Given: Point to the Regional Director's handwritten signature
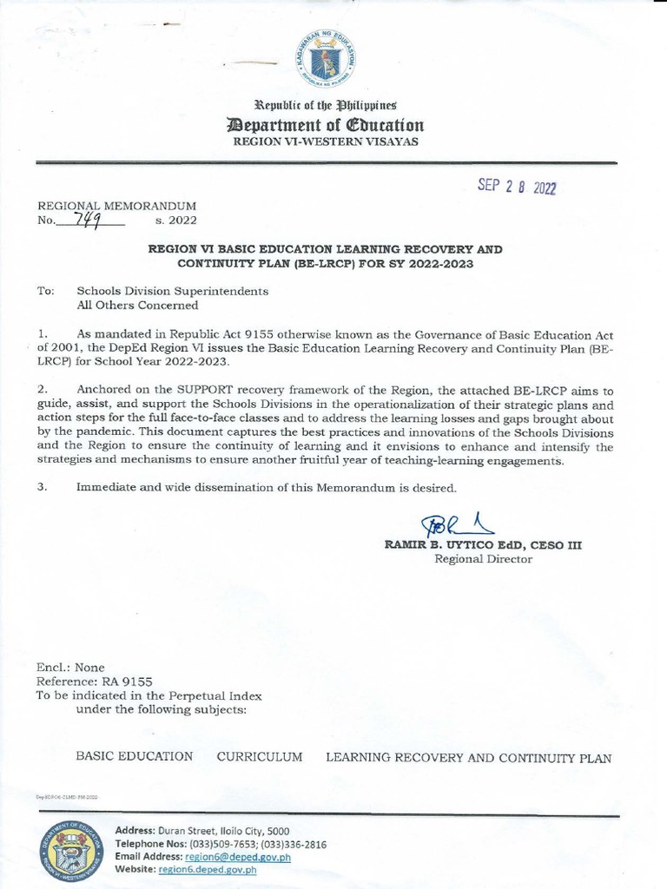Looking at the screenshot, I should click(456, 524).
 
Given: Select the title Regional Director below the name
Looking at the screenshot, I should click(483, 559).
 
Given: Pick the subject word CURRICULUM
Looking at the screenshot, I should click(260, 757).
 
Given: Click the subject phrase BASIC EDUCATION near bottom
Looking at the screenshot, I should click(134, 757).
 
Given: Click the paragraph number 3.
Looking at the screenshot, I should click(42, 487).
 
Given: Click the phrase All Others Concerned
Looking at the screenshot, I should click(137, 305).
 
